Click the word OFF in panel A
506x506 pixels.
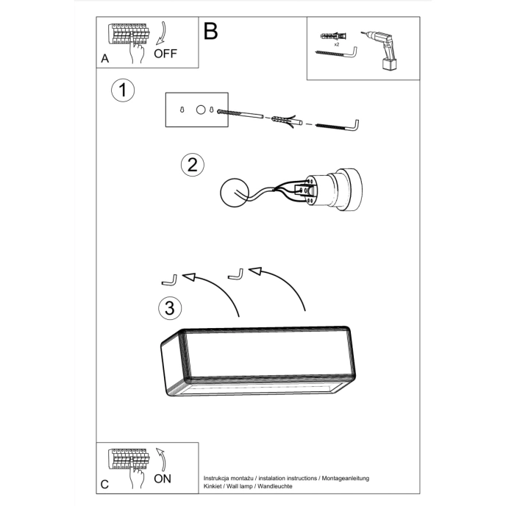point(165,53)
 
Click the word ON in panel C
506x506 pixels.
point(164,478)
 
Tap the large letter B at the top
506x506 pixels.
point(211,31)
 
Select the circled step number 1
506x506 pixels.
point(123,90)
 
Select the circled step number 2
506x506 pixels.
point(192,164)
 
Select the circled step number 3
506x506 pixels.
point(170,307)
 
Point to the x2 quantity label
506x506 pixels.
point(336,45)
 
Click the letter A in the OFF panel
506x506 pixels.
point(104,59)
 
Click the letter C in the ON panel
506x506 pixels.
point(104,484)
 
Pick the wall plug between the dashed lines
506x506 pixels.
point(285,119)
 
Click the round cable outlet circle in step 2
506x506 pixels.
point(235,194)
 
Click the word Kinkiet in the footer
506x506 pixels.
point(214,488)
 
